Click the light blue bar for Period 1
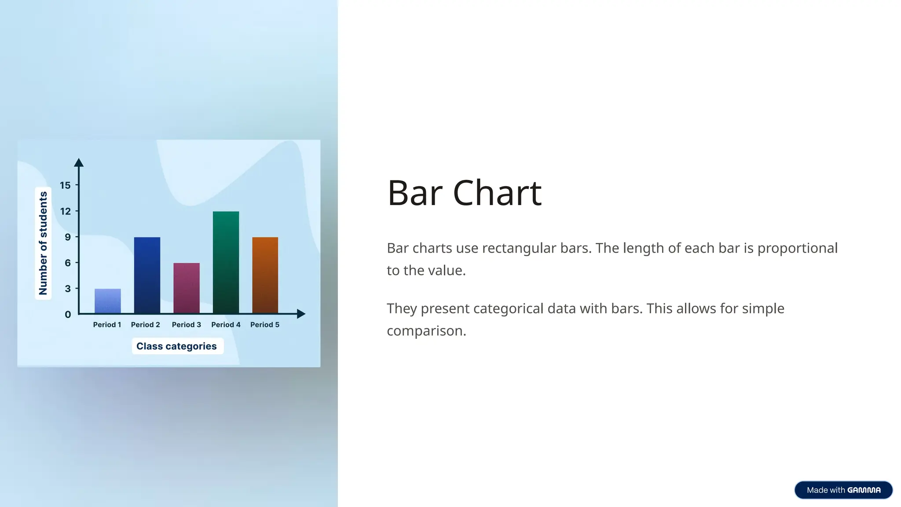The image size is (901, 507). [x=108, y=301]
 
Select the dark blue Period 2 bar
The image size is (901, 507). [x=147, y=275]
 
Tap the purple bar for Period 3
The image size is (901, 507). [x=187, y=288]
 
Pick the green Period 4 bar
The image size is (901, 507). [x=226, y=262]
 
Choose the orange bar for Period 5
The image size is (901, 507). [x=265, y=275]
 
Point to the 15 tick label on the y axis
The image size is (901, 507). [x=65, y=185]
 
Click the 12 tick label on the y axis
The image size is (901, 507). [x=65, y=211]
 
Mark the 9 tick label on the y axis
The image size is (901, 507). [x=68, y=237]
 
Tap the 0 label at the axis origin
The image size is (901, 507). [x=68, y=315]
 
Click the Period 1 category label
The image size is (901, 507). [x=107, y=325]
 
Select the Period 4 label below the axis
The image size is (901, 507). [x=226, y=325]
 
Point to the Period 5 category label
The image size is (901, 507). [x=265, y=325]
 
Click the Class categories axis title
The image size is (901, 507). [x=177, y=346]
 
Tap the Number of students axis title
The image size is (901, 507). [x=43, y=243]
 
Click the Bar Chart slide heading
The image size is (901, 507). [x=464, y=193]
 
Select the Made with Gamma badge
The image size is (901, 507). [x=843, y=490]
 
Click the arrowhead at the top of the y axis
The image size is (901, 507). [x=79, y=162]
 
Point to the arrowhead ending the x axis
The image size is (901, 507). [x=301, y=314]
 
